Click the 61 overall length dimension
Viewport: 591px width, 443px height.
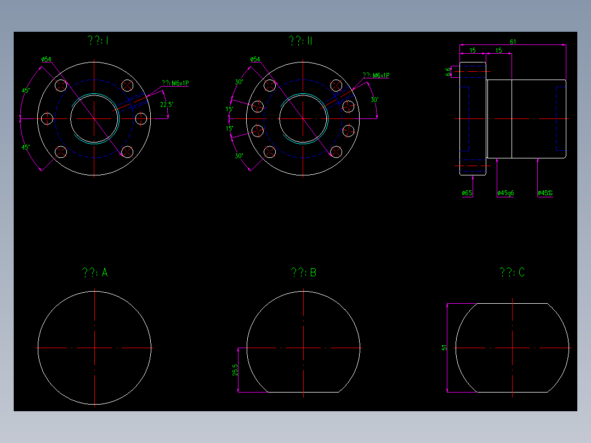(513, 42)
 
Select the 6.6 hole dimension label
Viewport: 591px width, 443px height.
(448, 71)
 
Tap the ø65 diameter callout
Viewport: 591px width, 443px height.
(467, 193)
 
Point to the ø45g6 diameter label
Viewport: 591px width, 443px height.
(505, 193)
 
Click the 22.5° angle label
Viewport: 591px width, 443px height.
(167, 104)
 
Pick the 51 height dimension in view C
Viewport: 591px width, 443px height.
(444, 348)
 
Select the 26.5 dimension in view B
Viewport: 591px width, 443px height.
(235, 370)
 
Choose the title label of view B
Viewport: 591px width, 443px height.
(303, 272)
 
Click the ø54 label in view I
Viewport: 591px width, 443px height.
(46, 59)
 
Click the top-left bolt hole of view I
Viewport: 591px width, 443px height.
(61, 86)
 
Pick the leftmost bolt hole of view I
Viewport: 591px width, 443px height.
(47, 118)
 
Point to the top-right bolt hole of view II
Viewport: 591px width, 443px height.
(336, 86)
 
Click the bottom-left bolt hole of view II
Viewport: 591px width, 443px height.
(270, 151)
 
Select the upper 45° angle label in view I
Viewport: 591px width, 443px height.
(25, 90)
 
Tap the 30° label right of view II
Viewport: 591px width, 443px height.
(374, 100)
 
